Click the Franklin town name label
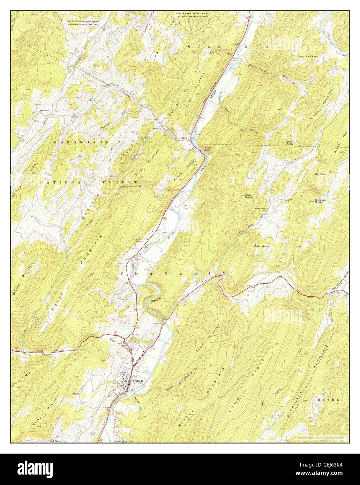[x=138, y=381]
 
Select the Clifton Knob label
[x=290, y=143]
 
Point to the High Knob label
[x=248, y=196]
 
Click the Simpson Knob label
[x=320, y=201]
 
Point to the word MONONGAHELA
[x=87, y=143]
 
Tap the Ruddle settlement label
[x=183, y=138]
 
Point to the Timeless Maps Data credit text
[x=321, y=438]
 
